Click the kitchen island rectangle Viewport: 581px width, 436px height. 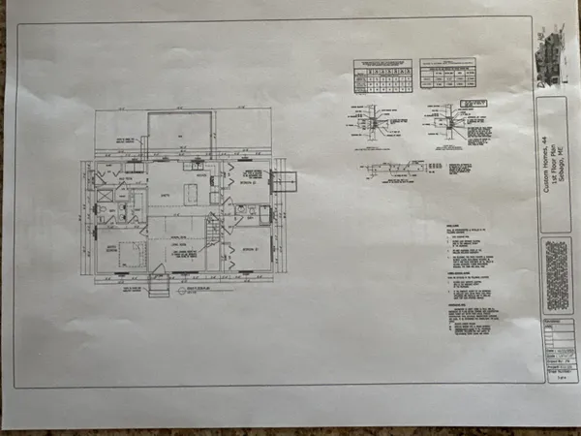190,196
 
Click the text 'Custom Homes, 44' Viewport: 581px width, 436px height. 547,184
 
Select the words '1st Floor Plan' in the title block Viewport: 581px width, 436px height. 557,184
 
